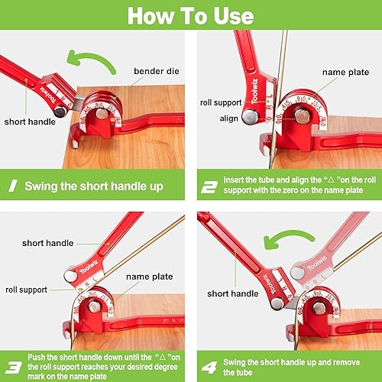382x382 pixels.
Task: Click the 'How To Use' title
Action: [190, 16]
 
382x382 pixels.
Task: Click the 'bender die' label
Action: [157, 71]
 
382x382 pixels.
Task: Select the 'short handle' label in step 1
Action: [30, 121]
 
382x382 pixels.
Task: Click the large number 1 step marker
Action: [13, 186]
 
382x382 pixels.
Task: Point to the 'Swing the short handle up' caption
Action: [94, 186]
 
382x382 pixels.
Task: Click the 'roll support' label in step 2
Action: [221, 102]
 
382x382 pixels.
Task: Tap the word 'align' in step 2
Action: [229, 118]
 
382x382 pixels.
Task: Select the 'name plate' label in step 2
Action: [345, 73]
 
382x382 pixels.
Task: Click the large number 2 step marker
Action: [209, 187]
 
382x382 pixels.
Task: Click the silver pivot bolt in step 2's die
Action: [302, 116]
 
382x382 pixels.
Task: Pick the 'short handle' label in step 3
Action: [47, 243]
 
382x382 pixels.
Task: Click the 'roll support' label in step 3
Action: [26, 290]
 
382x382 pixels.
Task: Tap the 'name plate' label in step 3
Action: [150, 277]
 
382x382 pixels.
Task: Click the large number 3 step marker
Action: [13, 367]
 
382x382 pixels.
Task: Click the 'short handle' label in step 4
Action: [233, 293]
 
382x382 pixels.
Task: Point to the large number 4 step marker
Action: [209, 367]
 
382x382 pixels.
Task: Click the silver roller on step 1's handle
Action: [60, 112]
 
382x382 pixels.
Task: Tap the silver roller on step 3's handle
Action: [70, 277]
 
